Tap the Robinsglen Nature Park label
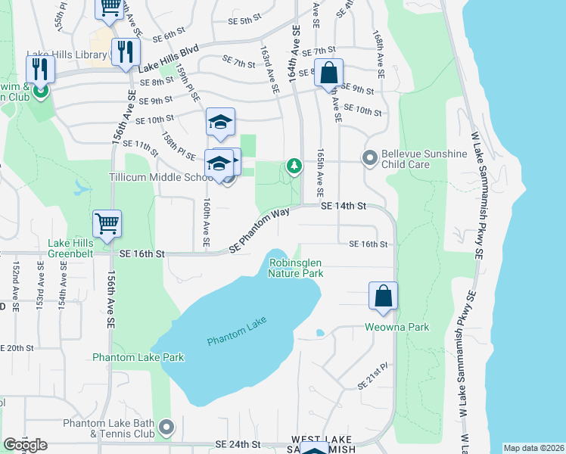[x=296, y=268]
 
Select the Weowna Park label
[x=397, y=327]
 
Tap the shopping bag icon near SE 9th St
[x=329, y=73]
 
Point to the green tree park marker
[x=294, y=165]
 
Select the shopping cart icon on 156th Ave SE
[x=107, y=224]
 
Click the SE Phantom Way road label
[x=260, y=230]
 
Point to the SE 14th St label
[x=343, y=206]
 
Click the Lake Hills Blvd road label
[x=168, y=60]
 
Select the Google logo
[x=25, y=445]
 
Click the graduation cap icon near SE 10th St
[x=220, y=122]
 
